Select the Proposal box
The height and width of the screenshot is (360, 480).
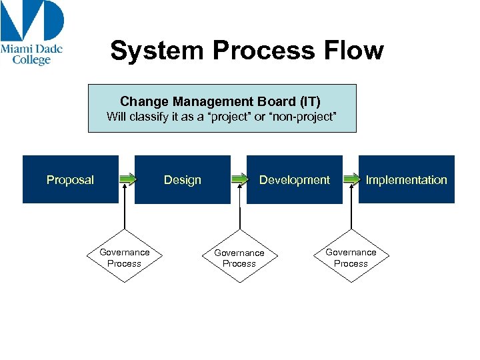(70, 179)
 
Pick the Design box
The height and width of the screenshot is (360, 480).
(182, 179)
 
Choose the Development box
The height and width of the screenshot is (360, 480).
(294, 179)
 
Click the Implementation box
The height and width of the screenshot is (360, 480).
(406, 179)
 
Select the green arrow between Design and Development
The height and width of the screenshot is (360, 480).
(239, 179)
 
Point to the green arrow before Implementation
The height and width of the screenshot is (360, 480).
(351, 179)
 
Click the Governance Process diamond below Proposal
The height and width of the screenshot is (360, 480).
(125, 258)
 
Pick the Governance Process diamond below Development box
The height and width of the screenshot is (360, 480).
(239, 258)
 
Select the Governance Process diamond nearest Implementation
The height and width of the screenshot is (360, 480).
(351, 258)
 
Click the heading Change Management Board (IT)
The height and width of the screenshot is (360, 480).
(220, 101)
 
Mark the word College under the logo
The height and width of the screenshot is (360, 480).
(31, 61)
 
